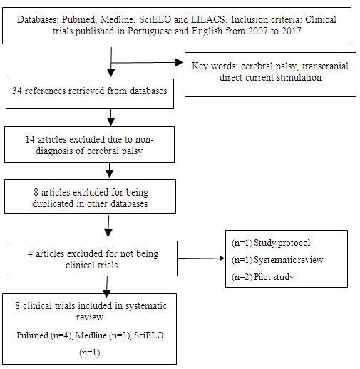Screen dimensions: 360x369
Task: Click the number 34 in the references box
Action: [17, 91]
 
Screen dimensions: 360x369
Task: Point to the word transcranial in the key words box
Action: [325, 66]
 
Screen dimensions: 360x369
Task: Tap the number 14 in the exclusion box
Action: [30, 139]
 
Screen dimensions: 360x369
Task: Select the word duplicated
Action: [53, 203]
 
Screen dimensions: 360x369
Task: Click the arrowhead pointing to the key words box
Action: [179, 63]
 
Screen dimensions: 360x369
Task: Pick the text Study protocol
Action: [282, 243]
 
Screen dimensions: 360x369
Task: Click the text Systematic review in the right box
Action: [289, 260]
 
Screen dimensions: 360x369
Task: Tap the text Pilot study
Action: [274, 277]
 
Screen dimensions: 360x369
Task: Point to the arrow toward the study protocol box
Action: [201, 258]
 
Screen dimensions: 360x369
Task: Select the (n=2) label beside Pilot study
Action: [242, 277]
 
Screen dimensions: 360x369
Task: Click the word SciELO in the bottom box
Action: [149, 335]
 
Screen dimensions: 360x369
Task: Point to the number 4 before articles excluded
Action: [30, 253]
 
